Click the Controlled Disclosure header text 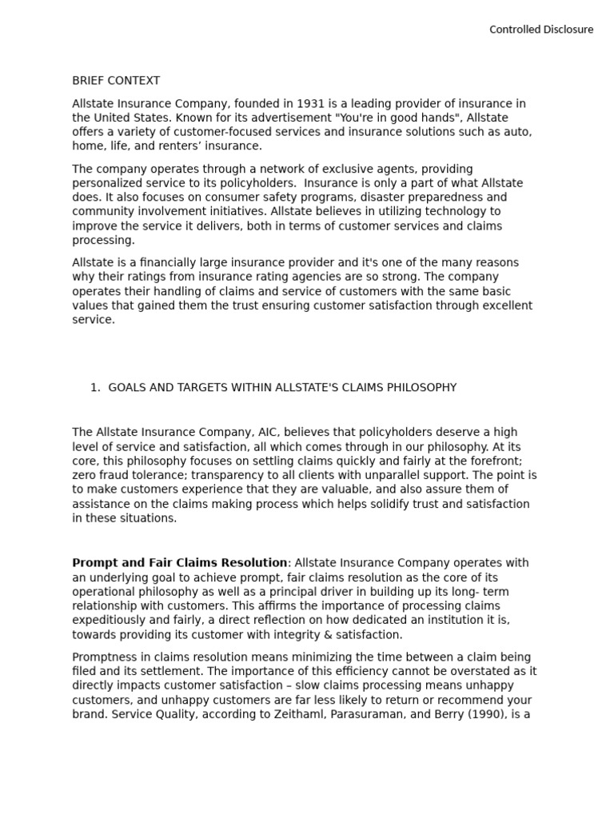pos(541,30)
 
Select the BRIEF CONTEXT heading pos(116,81)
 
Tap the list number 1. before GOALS pos(95,388)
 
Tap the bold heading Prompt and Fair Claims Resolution pos(180,563)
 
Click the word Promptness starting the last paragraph pos(105,657)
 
